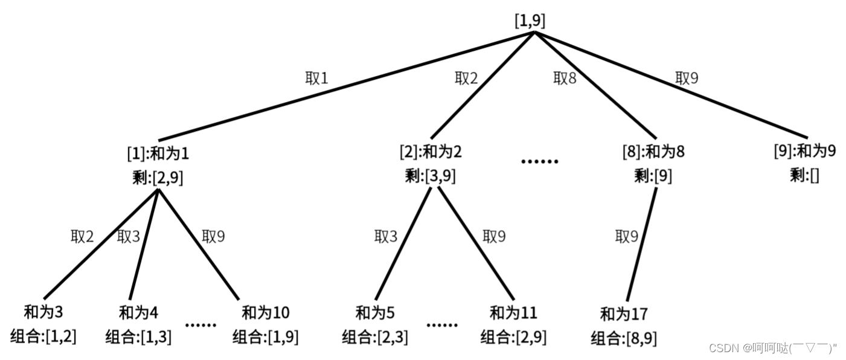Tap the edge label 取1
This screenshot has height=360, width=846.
[x=316, y=79]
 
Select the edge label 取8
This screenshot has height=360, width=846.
[x=564, y=79]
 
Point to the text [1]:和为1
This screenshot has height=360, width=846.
[x=158, y=153]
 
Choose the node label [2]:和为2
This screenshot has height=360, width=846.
[x=431, y=151]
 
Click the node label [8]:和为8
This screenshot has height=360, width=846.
[x=653, y=151]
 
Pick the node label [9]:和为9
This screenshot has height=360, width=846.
[x=805, y=150]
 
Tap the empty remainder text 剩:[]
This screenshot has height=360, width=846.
[x=804, y=176]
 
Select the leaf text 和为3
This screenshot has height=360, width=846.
[x=43, y=312]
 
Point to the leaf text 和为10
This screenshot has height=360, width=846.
[x=265, y=312]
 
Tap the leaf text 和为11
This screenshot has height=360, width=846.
[x=513, y=313]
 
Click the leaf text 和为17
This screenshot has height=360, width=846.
[x=624, y=314]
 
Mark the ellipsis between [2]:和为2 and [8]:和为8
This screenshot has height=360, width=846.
[x=540, y=162]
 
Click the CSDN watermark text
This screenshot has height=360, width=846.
[x=773, y=348]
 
